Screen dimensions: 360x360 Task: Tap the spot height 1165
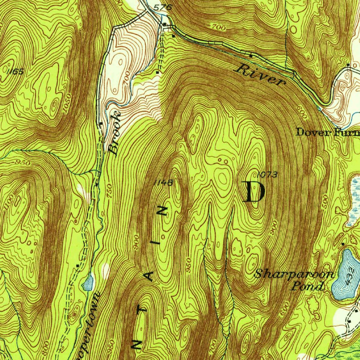coord(15,72)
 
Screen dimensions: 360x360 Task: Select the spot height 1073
coord(268,174)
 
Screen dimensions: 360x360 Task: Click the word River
coord(260,75)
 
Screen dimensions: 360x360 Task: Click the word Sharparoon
coord(294,274)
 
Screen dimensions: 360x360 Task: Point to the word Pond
coord(308,286)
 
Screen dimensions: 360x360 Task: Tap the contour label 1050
coord(68,103)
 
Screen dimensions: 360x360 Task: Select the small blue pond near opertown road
coord(88,282)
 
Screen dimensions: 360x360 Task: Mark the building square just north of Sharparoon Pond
coord(343,244)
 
